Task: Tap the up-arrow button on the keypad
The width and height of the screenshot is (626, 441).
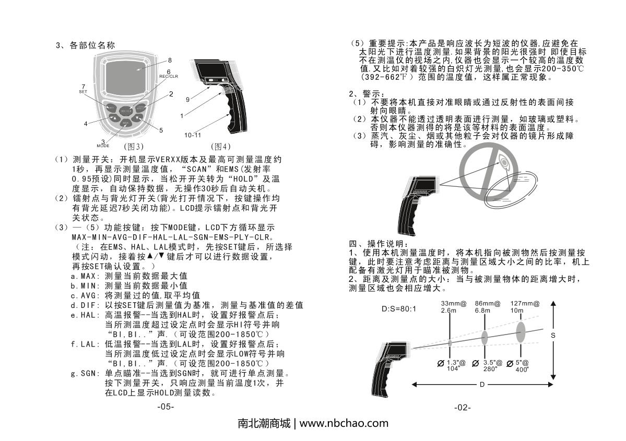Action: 113,118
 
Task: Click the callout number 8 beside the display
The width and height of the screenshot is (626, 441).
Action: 170,60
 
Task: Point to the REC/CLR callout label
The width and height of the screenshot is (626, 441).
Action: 169,76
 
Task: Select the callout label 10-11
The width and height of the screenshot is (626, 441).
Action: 193,135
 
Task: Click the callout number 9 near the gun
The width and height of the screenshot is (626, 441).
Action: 187,99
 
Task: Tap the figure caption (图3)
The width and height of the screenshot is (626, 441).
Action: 133,146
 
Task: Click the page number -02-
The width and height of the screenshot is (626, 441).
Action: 462,407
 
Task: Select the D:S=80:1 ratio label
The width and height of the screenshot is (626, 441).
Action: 399,309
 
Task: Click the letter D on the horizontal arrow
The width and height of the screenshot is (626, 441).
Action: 481,385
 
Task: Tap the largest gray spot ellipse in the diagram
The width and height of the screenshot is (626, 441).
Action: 521,332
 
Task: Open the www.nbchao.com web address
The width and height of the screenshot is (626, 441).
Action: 344,423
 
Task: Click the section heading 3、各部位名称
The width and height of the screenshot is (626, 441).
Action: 86,45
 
